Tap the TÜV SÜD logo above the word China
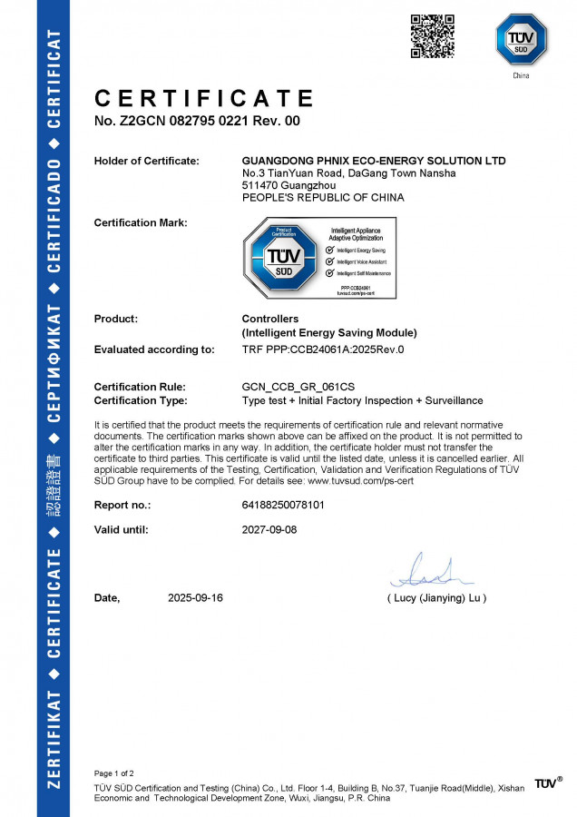coord(521,39)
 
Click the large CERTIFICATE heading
coord(204,98)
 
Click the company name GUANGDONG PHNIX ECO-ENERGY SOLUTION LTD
coord(374,161)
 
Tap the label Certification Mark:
coord(141,222)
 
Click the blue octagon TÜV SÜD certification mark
coord(275,258)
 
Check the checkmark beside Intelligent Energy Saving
coord(330,249)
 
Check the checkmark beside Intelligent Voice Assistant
coord(330,261)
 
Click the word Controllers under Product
coord(270,319)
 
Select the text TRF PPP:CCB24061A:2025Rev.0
coord(323,349)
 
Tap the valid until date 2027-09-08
coord(270,529)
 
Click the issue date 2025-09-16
coord(196,598)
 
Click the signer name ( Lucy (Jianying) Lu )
coord(436,598)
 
